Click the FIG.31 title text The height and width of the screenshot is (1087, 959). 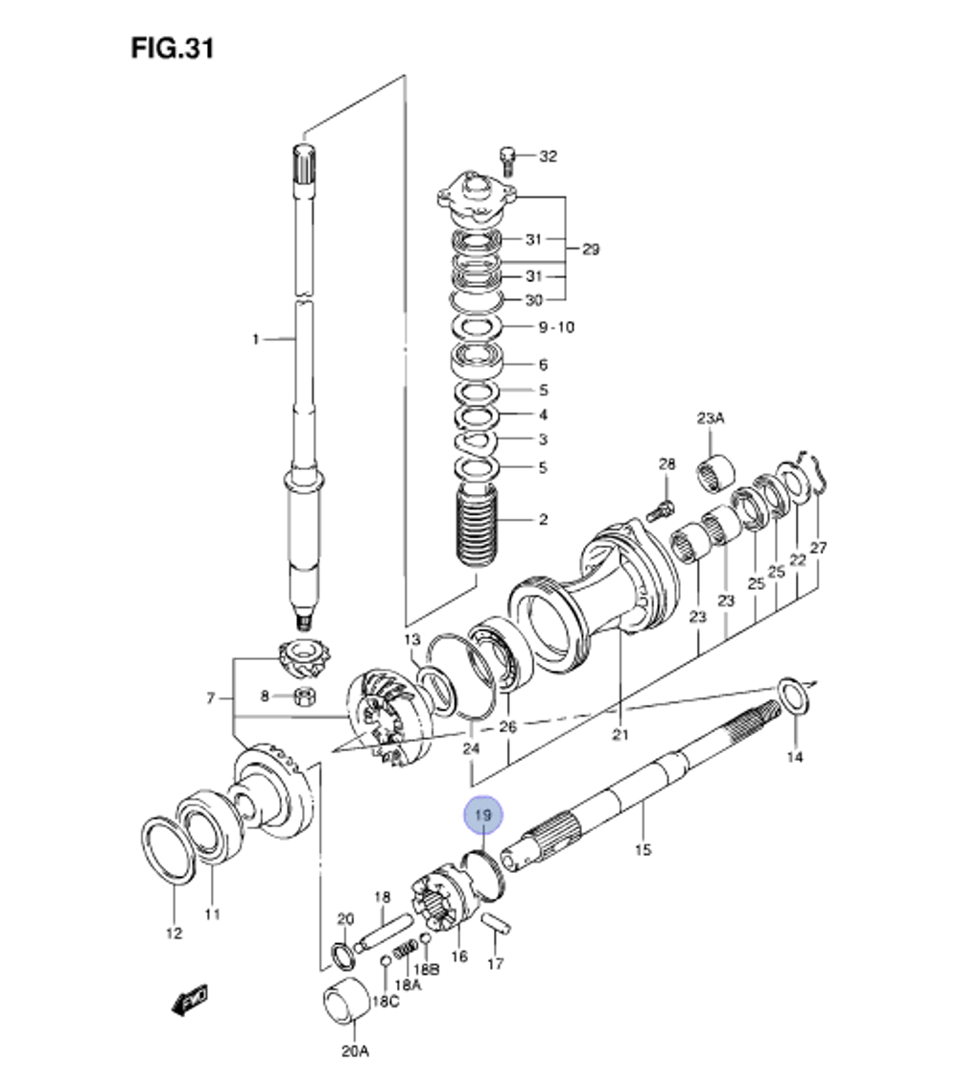tap(173, 48)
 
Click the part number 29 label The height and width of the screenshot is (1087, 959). tap(590, 249)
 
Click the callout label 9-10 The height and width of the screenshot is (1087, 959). tap(555, 327)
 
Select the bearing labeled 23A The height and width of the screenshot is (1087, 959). tap(715, 471)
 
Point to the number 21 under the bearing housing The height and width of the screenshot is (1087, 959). tap(619, 736)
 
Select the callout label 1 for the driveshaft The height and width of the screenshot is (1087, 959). tap(255, 339)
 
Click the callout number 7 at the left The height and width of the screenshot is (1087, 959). tap(211, 697)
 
